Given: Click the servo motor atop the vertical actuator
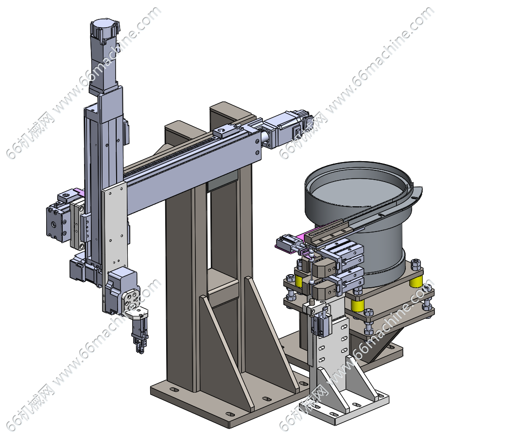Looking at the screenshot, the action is [x=104, y=55].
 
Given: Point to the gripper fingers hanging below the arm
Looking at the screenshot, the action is [x=139, y=335].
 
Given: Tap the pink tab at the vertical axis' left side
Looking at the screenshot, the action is [x=80, y=192].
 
